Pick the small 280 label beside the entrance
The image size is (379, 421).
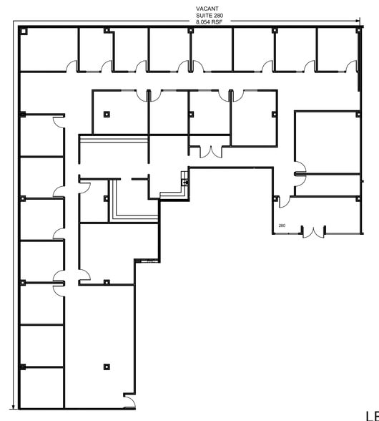(282, 226)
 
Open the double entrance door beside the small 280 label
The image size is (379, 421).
(312, 231)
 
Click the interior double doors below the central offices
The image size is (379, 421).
(210, 151)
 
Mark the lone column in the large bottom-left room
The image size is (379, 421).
(107, 366)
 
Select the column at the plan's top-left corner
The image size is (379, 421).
(24, 30)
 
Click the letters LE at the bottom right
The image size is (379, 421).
(371, 415)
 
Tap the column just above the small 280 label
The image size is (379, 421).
(275, 198)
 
